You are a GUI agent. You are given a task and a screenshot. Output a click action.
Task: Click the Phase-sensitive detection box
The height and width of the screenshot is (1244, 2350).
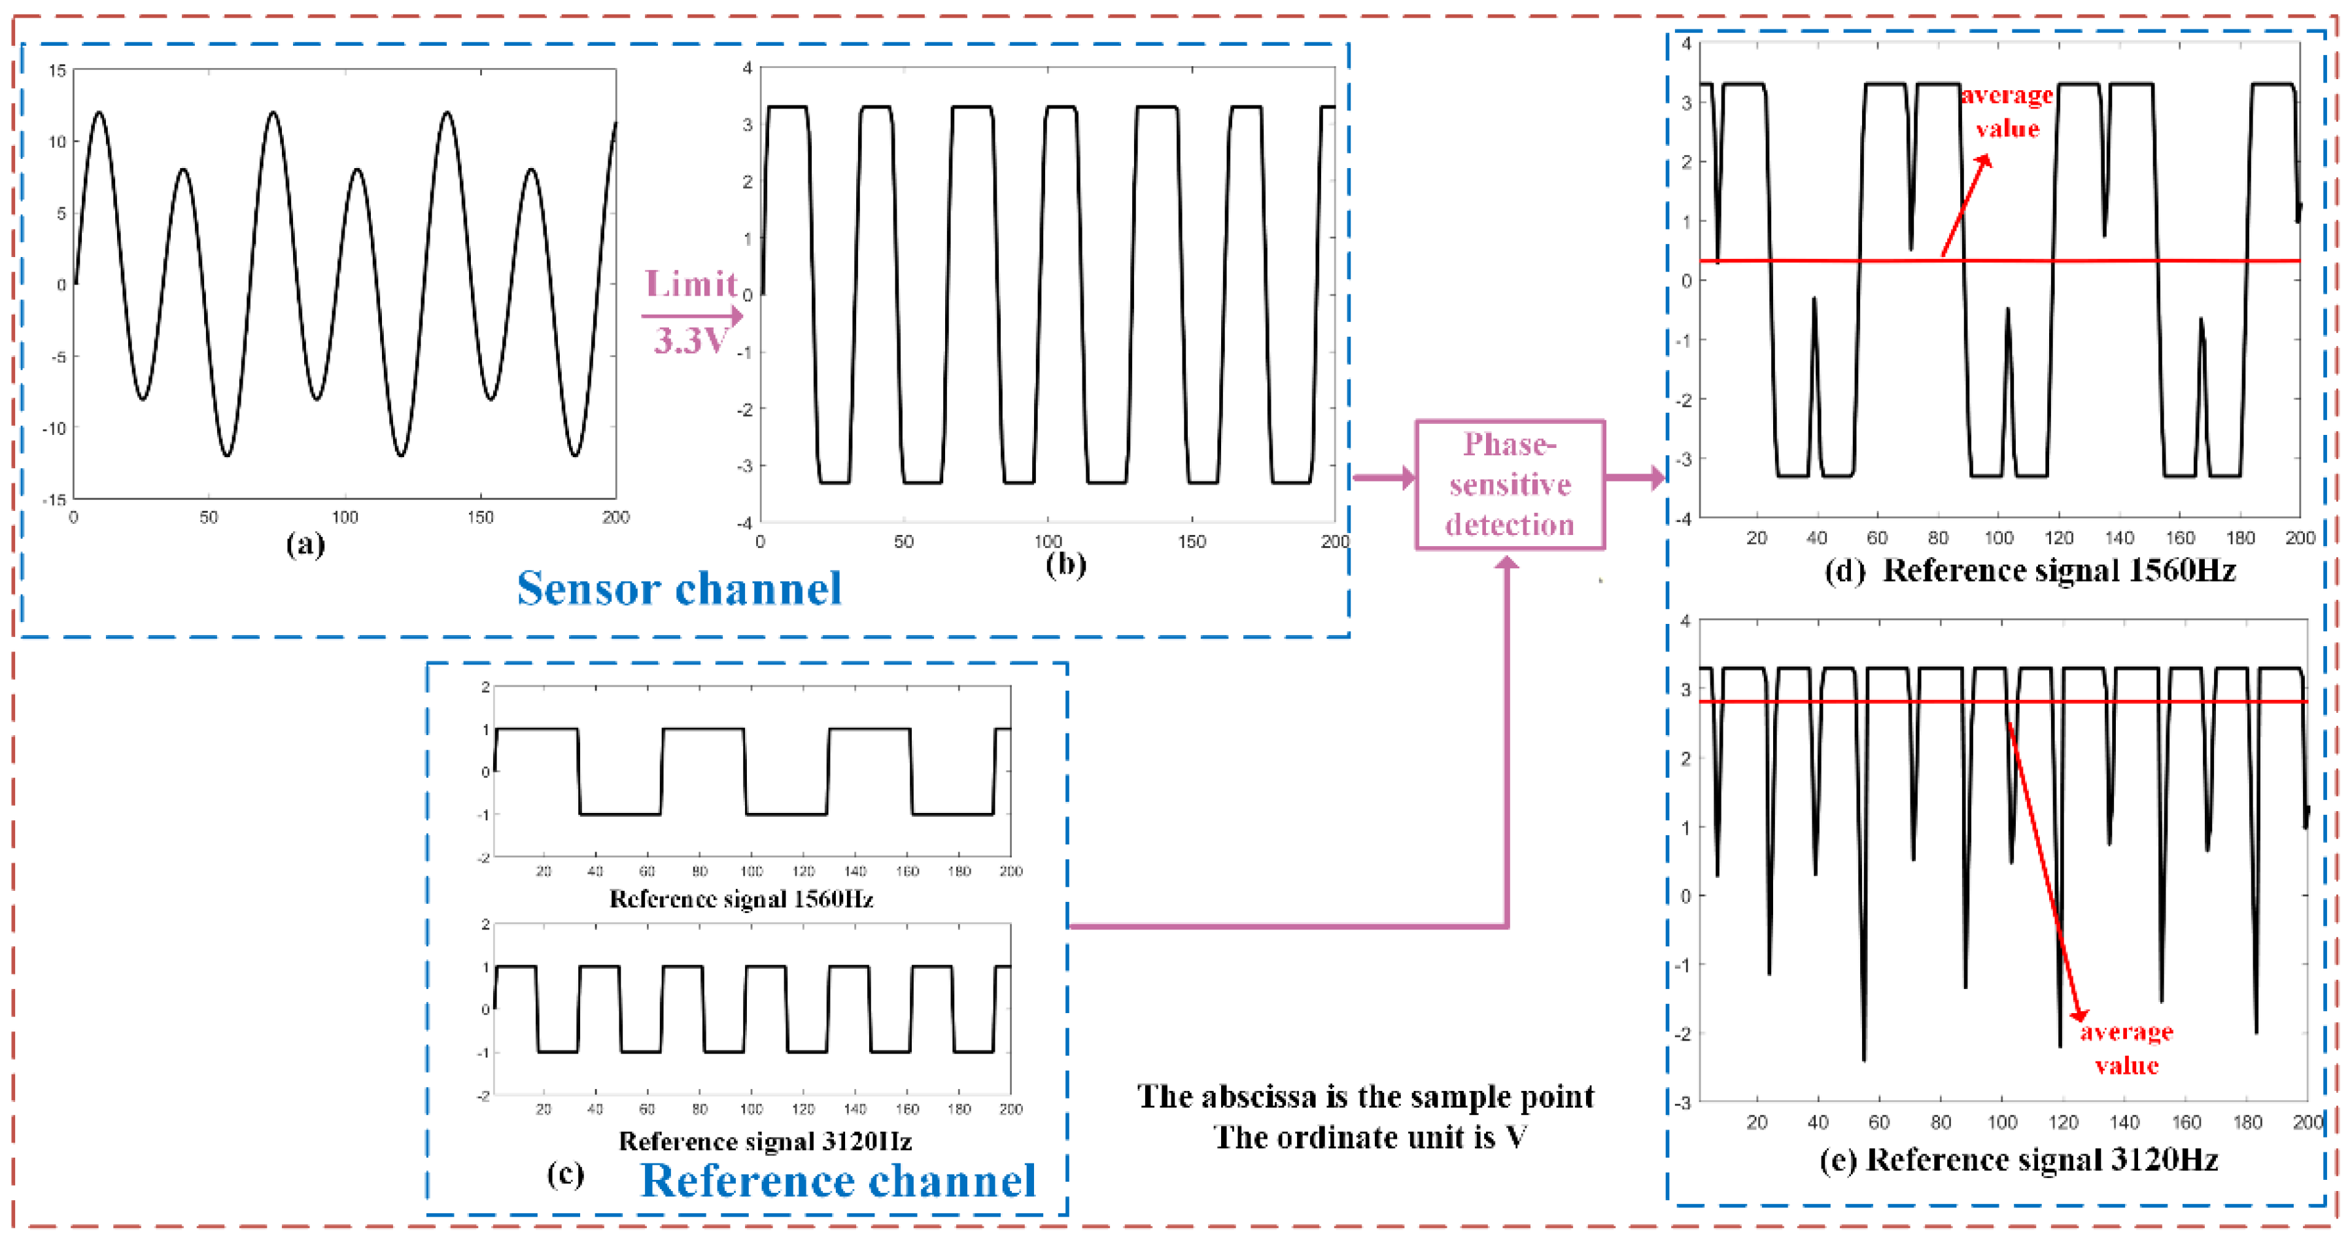tap(1509, 484)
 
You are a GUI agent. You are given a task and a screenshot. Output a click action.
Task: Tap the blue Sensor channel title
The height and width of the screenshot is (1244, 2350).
tap(679, 588)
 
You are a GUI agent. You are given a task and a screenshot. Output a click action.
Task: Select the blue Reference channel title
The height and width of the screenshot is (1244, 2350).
tap(837, 1180)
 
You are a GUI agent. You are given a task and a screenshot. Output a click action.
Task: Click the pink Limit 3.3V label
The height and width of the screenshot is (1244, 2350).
tap(691, 312)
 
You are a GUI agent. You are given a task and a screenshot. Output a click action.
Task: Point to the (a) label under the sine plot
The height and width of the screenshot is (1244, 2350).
tap(305, 544)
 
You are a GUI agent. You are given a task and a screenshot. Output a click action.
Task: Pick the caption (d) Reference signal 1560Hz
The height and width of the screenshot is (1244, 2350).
tap(2029, 571)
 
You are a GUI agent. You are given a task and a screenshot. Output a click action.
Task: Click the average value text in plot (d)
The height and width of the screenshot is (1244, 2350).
tap(2007, 111)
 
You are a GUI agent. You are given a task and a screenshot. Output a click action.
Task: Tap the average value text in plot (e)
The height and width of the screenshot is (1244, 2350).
tap(2126, 1048)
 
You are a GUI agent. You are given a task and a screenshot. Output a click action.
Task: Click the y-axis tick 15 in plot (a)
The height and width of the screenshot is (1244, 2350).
tap(58, 70)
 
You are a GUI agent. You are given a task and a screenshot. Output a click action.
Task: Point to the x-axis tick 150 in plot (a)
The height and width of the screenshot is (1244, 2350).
tap(480, 517)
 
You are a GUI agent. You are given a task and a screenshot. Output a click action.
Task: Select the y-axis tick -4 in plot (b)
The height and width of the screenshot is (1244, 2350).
tap(746, 523)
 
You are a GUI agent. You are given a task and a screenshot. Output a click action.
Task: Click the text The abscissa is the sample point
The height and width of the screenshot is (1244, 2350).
tap(1365, 1096)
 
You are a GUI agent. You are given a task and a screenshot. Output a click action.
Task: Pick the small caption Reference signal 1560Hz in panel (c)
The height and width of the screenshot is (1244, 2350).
tap(741, 899)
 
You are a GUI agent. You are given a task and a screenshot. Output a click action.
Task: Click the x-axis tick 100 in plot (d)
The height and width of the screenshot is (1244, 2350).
tap(1998, 538)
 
